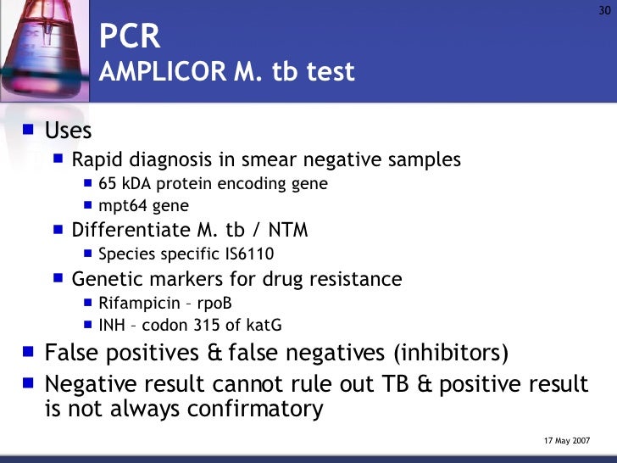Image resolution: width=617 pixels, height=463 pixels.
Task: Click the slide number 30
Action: tap(604, 10)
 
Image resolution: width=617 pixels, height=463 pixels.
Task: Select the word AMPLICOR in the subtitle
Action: tap(160, 72)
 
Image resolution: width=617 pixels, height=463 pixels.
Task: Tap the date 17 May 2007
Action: tap(566, 442)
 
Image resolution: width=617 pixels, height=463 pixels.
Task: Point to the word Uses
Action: tap(68, 131)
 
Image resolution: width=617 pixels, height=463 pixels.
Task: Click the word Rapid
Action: tap(95, 159)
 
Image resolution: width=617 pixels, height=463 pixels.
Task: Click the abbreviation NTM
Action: tap(289, 230)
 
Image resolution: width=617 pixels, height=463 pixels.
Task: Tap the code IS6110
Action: tap(245, 254)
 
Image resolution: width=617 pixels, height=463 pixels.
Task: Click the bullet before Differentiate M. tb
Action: tap(58, 229)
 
